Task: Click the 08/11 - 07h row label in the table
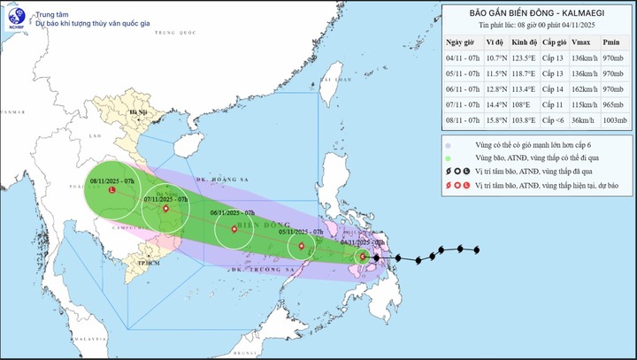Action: (x=463, y=116)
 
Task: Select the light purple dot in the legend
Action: (x=449, y=144)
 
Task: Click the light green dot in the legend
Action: (x=449, y=157)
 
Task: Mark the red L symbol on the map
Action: (x=111, y=190)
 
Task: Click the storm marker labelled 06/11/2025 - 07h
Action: (x=234, y=229)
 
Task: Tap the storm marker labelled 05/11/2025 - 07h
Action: (x=302, y=246)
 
